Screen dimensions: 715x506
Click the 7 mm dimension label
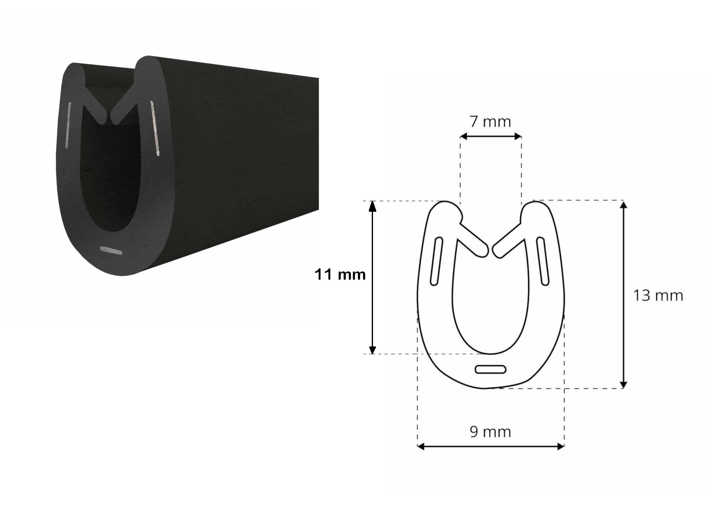click(x=490, y=121)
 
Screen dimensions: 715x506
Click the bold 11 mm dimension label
click(x=340, y=275)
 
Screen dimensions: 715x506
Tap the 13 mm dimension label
click(x=658, y=295)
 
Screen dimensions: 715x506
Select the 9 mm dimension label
click(x=490, y=431)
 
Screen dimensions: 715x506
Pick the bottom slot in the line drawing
click(x=491, y=369)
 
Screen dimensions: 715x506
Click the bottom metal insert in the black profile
click(x=111, y=251)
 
